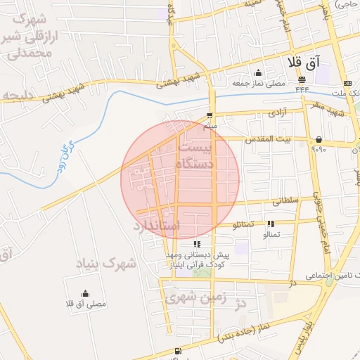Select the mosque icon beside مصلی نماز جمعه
(x=258, y=72)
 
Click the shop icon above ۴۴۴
(x=302, y=79)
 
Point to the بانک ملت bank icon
(x=347, y=84)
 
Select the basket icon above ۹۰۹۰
(x=319, y=139)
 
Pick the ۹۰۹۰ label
(x=319, y=149)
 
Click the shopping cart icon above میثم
(x=209, y=115)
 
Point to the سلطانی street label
(x=290, y=201)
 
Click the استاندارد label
(x=157, y=227)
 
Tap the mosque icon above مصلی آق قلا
(x=85, y=293)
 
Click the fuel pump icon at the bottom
(x=176, y=351)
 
